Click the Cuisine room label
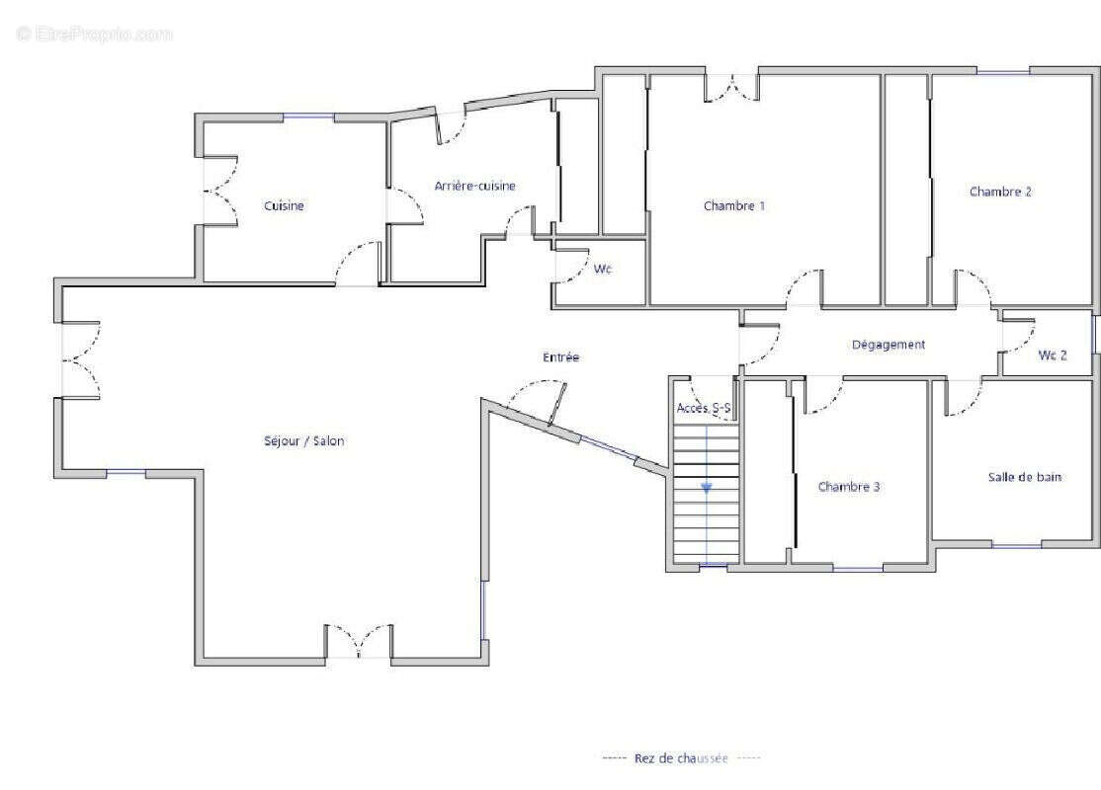tap(284, 205)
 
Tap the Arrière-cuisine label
tap(474, 186)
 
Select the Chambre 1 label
tap(733, 205)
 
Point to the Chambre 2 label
tap(1000, 192)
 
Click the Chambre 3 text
tap(849, 486)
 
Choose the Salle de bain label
tap(1025, 477)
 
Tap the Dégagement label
tap(889, 345)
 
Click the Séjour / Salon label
tap(304, 441)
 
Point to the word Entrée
tap(560, 357)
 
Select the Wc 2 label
tap(1053, 355)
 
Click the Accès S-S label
tap(704, 408)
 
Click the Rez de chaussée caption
tap(681, 758)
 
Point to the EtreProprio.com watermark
tap(94, 34)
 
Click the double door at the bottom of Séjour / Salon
tap(359, 641)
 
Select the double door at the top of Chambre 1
tap(732, 87)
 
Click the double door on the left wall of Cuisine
tap(220, 191)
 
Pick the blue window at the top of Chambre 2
tap(1003, 71)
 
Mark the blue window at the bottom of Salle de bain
tap(1016, 544)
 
